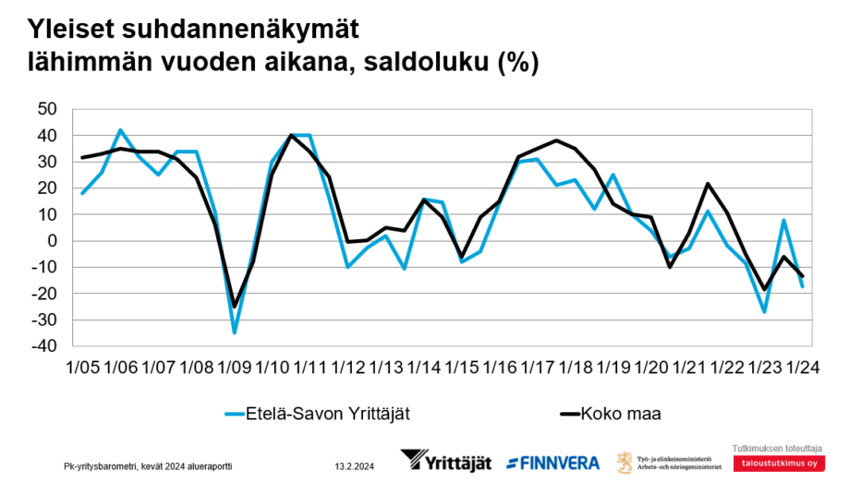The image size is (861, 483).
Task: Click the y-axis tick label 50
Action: tap(46, 109)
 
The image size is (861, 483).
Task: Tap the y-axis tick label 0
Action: tap(52, 241)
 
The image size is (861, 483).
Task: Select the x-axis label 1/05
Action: tap(83, 366)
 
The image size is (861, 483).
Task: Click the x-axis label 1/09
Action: tap(235, 366)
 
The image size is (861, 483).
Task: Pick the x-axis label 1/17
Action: tap(537, 366)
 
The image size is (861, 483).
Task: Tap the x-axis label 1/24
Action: tap(802, 366)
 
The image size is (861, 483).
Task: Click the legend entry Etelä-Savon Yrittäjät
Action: tap(318, 413)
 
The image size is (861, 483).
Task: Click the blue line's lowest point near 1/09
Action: tap(235, 332)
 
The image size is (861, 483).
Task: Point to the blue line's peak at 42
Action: tap(121, 130)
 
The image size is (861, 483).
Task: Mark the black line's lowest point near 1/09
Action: tap(235, 307)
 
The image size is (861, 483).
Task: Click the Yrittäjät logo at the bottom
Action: tap(445, 461)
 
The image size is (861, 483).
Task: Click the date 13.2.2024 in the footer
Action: tap(354, 465)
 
